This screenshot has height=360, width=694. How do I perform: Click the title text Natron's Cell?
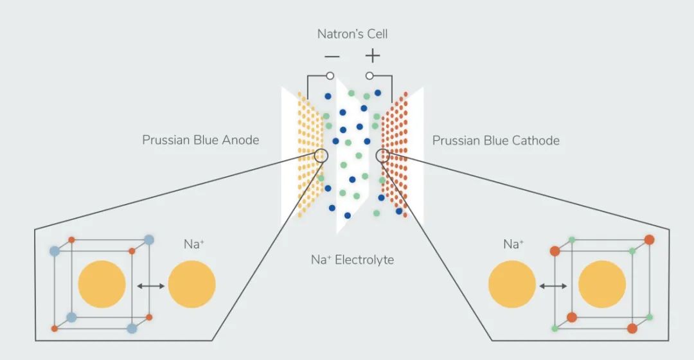coord(352,34)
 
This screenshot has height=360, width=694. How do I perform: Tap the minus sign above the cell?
coord(332,56)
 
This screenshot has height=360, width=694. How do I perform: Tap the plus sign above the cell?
coord(373,56)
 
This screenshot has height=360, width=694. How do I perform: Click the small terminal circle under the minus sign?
coord(330,76)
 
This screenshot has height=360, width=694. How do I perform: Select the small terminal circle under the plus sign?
coord(369,76)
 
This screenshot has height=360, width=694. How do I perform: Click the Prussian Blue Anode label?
coord(200,140)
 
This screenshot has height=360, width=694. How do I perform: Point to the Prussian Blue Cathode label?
coord(495,140)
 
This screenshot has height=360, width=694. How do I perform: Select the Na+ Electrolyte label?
coord(352,260)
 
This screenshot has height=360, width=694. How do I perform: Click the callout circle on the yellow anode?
coord(321,156)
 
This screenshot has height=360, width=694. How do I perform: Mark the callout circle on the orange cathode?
coord(383,156)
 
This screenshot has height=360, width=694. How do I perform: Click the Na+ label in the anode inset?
coord(194,244)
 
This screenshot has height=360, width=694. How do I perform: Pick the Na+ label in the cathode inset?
coord(513,244)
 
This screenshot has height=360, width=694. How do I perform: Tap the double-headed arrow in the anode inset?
coord(150,286)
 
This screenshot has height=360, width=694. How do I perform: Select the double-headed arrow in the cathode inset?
coord(553,286)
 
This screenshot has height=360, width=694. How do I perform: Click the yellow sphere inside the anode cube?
coord(102,284)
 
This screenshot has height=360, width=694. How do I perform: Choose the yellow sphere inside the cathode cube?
coord(602,284)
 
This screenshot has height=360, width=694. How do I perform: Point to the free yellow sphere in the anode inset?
coord(191,284)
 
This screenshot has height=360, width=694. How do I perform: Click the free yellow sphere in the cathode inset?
coord(512,284)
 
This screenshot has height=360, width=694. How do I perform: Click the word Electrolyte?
coord(364,260)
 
